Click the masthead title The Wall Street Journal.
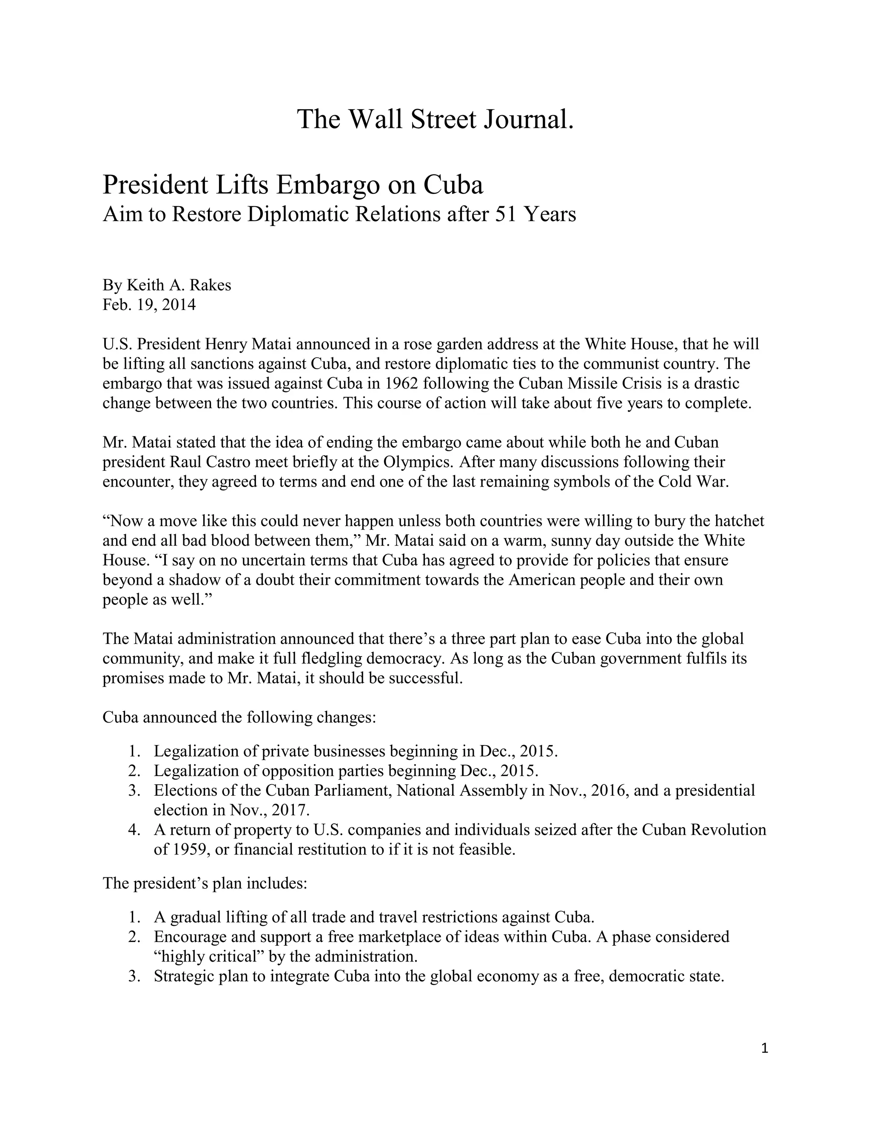point(435,120)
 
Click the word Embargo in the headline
point(328,185)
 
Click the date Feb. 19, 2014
point(149,305)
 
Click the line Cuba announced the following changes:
point(239,717)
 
